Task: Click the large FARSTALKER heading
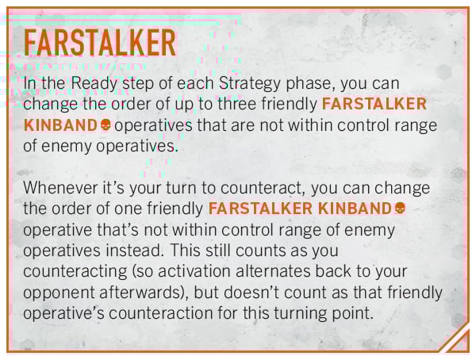point(100,43)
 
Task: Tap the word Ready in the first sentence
point(94,83)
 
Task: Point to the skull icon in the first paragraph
point(106,124)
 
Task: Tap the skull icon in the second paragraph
point(399,209)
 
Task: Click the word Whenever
point(60,188)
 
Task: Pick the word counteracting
point(75,271)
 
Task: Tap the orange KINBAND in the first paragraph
point(60,124)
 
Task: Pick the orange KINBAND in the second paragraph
point(355,209)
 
